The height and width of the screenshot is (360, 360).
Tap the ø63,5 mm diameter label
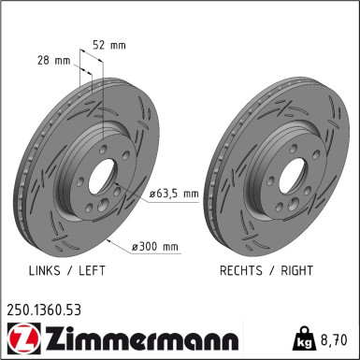(174, 194)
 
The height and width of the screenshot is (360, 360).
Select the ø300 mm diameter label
(155, 247)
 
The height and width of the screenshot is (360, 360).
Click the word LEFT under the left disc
(91, 270)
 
